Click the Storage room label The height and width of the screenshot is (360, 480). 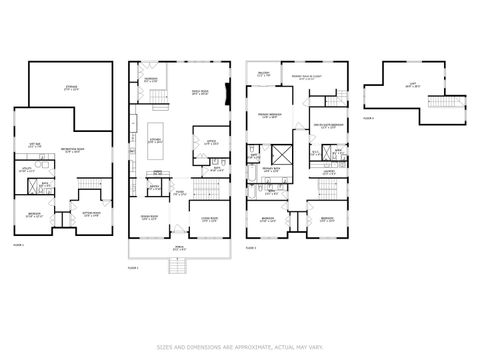(x=72, y=89)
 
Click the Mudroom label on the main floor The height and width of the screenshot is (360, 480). (x=151, y=79)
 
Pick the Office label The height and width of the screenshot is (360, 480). (x=212, y=143)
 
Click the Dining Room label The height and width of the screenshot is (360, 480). (x=149, y=219)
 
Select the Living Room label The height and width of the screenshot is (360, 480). (x=209, y=219)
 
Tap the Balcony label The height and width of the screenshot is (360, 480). (x=263, y=72)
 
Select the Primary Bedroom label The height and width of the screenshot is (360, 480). (x=270, y=116)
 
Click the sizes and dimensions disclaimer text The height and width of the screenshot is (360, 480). (x=240, y=345)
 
